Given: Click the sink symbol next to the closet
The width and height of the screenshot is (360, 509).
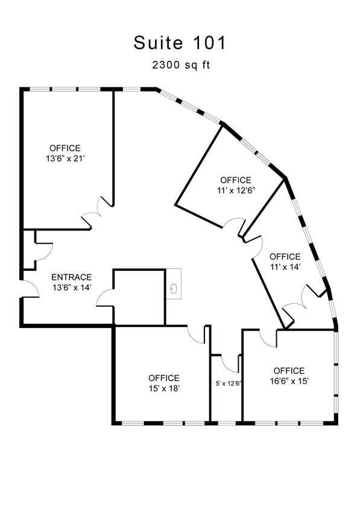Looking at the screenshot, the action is (174, 288).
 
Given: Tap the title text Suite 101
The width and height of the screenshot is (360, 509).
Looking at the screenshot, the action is (180, 43).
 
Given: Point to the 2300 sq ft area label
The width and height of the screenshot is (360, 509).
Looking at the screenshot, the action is (181, 65).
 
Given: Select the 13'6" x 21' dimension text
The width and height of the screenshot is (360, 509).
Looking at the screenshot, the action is (66, 159).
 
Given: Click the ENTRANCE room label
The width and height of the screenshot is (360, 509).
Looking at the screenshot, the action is (72, 277).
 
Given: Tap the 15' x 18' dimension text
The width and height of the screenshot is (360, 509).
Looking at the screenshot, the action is (164, 388).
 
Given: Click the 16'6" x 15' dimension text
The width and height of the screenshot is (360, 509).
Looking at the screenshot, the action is (289, 381).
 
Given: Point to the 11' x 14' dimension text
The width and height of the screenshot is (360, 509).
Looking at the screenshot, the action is (285, 267).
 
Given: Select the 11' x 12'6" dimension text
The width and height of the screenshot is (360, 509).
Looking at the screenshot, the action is (236, 191).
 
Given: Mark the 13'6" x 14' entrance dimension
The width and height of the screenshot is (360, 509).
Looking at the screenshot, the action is (72, 288).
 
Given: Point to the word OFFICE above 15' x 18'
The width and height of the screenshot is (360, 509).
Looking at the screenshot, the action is (164, 378).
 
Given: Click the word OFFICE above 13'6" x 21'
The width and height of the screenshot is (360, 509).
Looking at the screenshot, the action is (65, 148).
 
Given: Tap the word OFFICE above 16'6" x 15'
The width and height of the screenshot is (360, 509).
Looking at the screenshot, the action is (289, 371).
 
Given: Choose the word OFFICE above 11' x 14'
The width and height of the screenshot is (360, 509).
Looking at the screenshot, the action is (285, 257).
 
